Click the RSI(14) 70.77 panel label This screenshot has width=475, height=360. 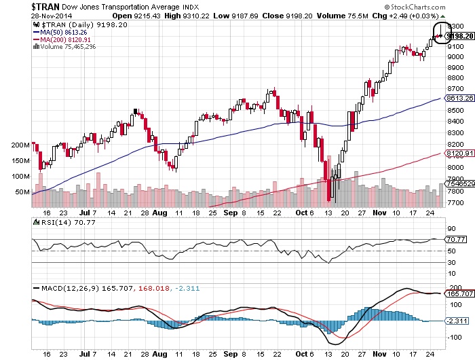61,221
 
